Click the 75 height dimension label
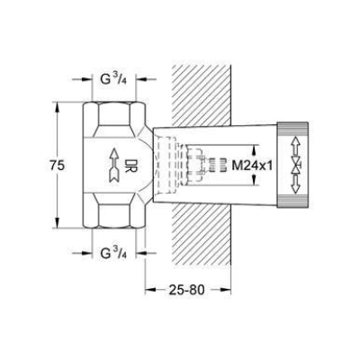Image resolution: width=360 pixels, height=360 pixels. pos(57,165)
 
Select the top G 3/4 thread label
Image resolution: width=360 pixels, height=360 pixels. pos(113,81)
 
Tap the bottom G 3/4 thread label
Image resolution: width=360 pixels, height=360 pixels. pos(113,253)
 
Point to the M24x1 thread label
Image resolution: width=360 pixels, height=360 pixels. pos(252,165)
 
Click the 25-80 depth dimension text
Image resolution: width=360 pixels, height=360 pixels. pos(186,290)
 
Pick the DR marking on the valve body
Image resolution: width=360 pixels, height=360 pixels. pos(130,165)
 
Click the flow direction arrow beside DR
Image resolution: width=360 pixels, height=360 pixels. pos(114,165)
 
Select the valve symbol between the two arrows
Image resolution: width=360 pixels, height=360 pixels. pos(296,165)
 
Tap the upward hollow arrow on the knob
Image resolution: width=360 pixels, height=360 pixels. pos(296,146)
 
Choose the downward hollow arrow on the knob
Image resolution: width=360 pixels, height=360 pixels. pos(296,184)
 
